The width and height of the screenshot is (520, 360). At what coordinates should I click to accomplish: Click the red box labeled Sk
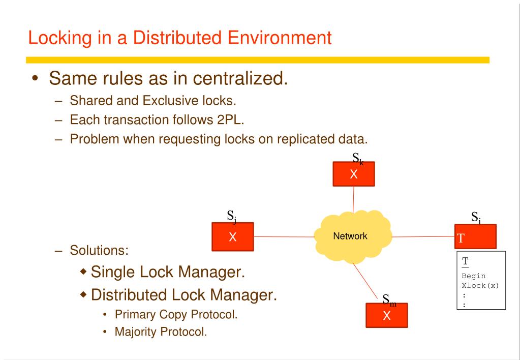(x=354, y=174)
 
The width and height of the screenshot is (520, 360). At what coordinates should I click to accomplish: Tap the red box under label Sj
(x=232, y=236)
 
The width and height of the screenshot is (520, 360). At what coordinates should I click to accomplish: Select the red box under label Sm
(x=386, y=316)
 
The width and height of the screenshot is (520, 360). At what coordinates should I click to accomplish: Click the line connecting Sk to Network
(x=353, y=200)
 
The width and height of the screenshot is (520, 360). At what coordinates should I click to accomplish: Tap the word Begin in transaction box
(x=473, y=276)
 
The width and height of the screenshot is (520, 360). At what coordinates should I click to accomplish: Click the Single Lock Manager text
(x=167, y=272)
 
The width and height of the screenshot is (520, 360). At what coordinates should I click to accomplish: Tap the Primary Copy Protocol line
(x=176, y=314)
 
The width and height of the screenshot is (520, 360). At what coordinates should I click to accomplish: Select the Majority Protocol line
(x=161, y=334)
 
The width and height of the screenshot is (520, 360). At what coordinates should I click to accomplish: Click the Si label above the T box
(x=476, y=218)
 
